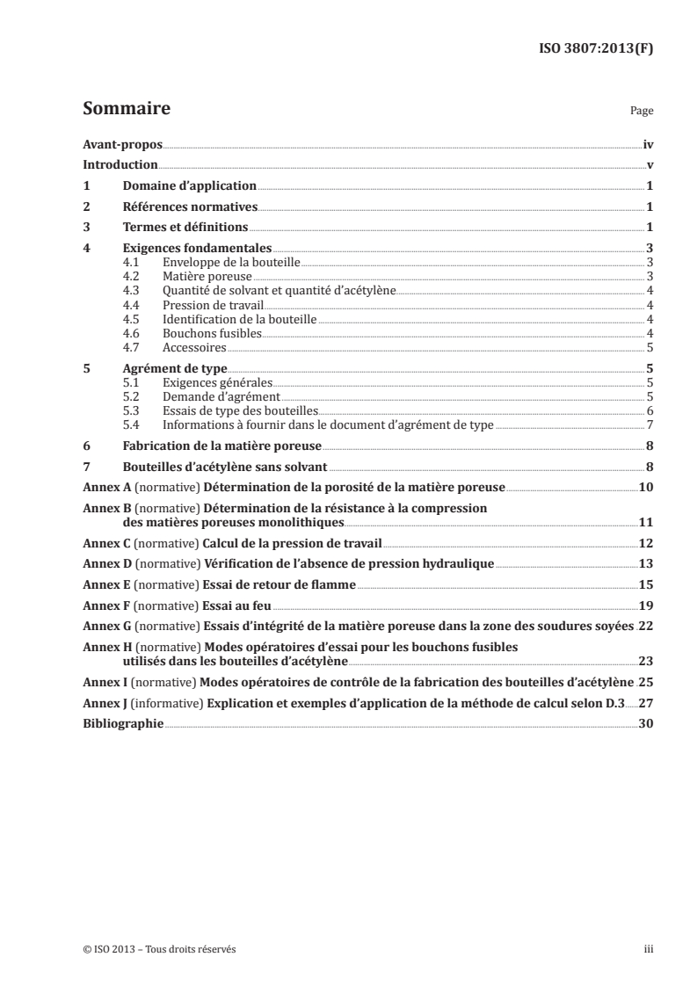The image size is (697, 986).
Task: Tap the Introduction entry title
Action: click(120, 164)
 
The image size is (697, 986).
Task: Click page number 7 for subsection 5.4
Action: click(648, 424)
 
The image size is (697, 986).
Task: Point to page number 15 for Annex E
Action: click(645, 585)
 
